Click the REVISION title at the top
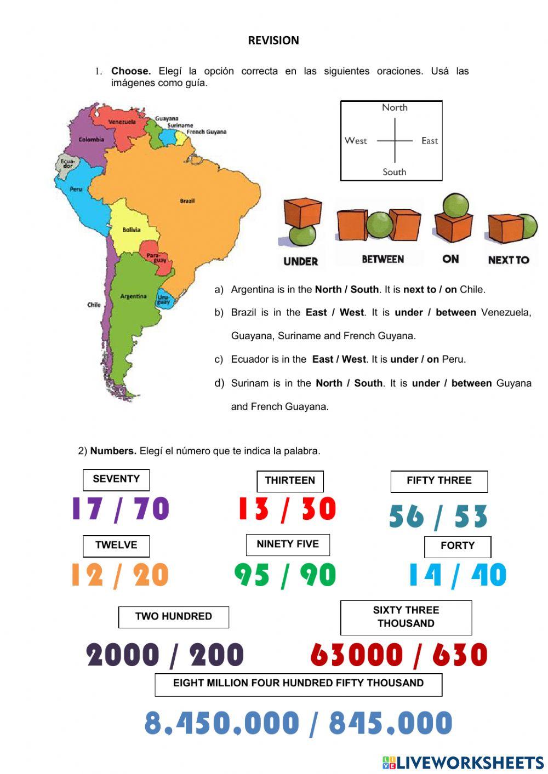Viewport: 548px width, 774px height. [273, 41]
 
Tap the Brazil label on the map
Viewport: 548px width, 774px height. [187, 201]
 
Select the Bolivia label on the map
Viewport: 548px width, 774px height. [131, 230]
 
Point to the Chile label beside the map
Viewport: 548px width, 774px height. [94, 305]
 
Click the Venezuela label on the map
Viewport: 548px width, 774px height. [122, 122]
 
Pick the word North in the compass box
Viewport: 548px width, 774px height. [395, 107]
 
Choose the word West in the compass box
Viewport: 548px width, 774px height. [356, 141]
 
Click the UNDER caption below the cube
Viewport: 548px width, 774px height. [300, 261]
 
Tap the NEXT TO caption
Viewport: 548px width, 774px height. [509, 260]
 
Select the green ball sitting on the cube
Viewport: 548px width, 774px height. [455, 205]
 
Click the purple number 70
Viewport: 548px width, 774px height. [152, 508]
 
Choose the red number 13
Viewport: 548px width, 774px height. [253, 508]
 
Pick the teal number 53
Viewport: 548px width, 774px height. [471, 517]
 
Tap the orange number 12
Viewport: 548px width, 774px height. [87, 575]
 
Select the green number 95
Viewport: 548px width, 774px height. [252, 575]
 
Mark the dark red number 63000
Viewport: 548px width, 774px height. [356, 655]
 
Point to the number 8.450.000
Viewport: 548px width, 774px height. [222, 723]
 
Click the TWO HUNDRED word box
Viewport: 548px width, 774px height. [173, 617]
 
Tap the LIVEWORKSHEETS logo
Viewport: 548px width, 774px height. [463, 762]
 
